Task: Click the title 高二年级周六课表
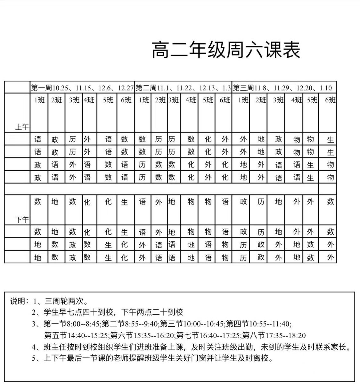(226, 50)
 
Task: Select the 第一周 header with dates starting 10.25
(82, 87)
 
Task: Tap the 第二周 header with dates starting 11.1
(183, 87)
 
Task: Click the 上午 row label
(22, 127)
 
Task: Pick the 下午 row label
(22, 220)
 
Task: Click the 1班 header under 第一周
(39, 100)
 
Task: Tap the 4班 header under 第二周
(191, 100)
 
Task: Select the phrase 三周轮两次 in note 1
(64, 301)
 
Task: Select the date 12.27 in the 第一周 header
(125, 87)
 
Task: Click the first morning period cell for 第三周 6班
(331, 140)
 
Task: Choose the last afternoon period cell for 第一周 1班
(38, 257)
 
